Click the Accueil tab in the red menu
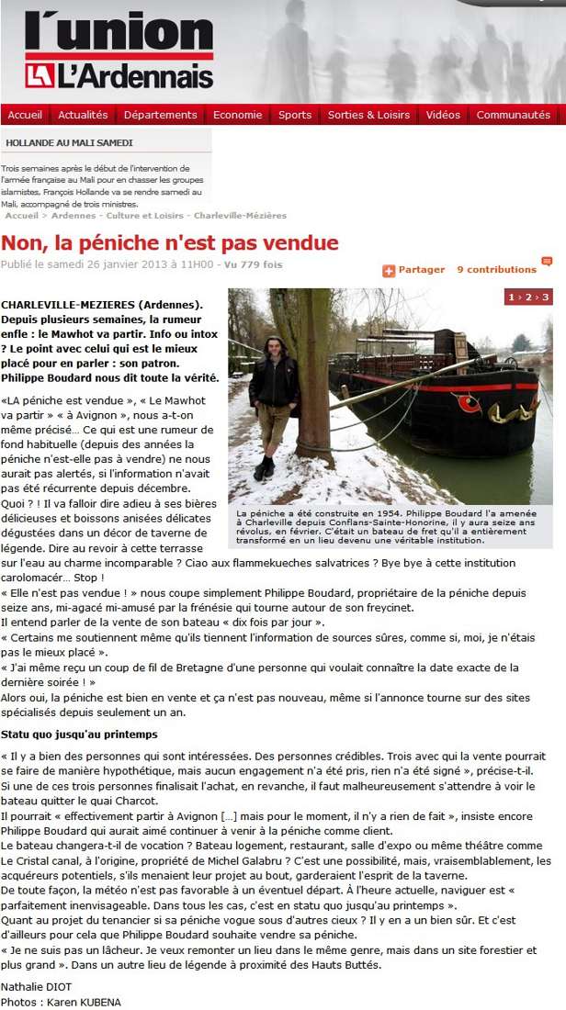[x=25, y=115]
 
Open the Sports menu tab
[x=295, y=115]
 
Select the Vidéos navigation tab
[x=443, y=115]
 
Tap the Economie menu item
[x=238, y=115]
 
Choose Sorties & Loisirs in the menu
[x=368, y=115]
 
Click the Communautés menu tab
[x=514, y=115]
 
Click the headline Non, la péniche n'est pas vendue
[x=170, y=243]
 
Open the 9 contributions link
[x=497, y=270]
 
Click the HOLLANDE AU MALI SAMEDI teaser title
[x=69, y=143]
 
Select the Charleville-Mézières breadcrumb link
[x=240, y=216]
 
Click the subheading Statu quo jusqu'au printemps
[x=79, y=735]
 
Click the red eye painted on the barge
[x=469, y=404]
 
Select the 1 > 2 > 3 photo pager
[x=528, y=297]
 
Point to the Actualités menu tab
[x=83, y=115]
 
